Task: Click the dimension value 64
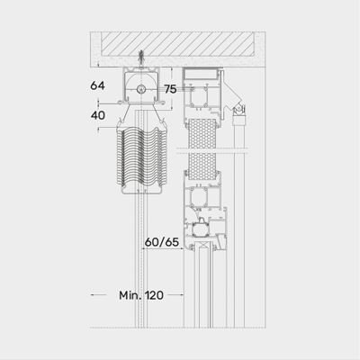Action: (97, 85)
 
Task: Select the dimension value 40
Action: (98, 115)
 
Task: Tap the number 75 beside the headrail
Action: (170, 89)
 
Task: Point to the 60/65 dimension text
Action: (162, 242)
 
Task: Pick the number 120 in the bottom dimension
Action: (155, 295)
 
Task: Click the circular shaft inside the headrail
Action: (140, 89)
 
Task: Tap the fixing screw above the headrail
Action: (140, 58)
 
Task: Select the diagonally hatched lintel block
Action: (177, 44)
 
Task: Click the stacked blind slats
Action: (141, 158)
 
